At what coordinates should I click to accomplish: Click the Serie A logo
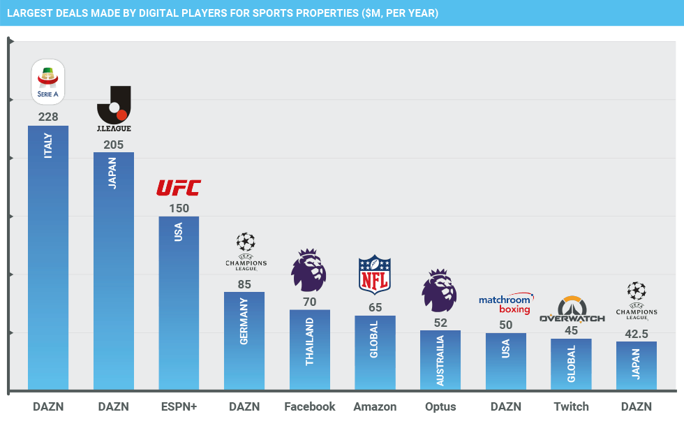(47, 82)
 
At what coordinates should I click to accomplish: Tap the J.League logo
(113, 109)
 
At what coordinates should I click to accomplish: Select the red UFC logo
(178, 188)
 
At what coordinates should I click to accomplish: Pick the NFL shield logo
(375, 274)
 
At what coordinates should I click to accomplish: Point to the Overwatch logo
(572, 310)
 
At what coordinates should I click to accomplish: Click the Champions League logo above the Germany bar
(245, 251)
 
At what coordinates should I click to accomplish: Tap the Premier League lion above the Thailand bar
(308, 270)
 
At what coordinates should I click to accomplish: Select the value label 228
(48, 117)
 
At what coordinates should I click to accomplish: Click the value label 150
(179, 208)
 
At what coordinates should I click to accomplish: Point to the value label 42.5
(637, 334)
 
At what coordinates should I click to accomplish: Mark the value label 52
(440, 323)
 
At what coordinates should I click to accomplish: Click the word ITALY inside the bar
(48, 145)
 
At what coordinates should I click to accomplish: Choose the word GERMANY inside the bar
(244, 321)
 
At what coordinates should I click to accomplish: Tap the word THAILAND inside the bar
(309, 341)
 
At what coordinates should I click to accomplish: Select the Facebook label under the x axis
(309, 406)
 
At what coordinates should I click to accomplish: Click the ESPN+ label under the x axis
(179, 406)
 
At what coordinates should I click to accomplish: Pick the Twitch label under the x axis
(571, 406)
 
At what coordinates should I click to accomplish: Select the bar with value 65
(375, 353)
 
